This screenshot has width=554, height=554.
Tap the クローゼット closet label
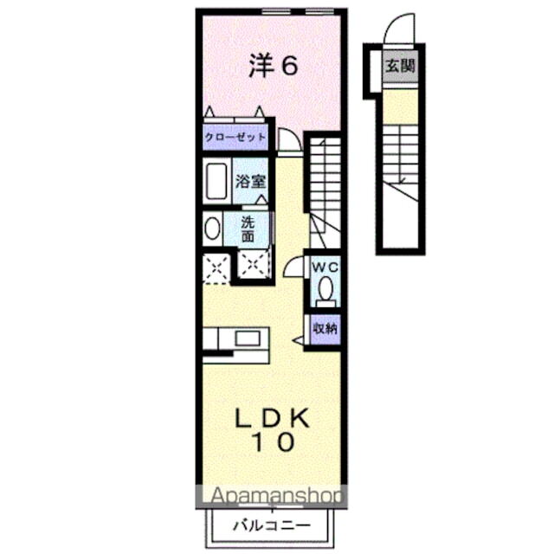[235, 138]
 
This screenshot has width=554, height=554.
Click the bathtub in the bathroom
[217, 182]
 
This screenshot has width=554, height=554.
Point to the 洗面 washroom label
[248, 228]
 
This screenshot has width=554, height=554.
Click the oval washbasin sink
[213, 229]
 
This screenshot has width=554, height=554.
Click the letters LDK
[273, 418]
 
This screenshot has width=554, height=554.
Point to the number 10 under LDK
[274, 442]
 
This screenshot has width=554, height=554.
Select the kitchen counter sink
[246, 338]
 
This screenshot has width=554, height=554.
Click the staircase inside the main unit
[325, 182]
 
